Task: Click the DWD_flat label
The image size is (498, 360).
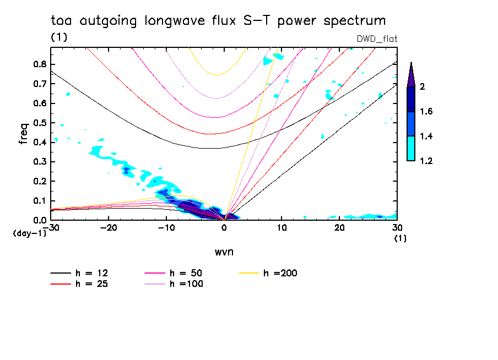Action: pos(377,39)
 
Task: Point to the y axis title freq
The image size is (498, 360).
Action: pos(24,134)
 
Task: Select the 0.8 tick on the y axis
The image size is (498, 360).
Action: pos(39,64)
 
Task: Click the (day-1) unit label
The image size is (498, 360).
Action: pos(30,233)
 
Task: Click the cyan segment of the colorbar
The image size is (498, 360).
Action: pos(411,148)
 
